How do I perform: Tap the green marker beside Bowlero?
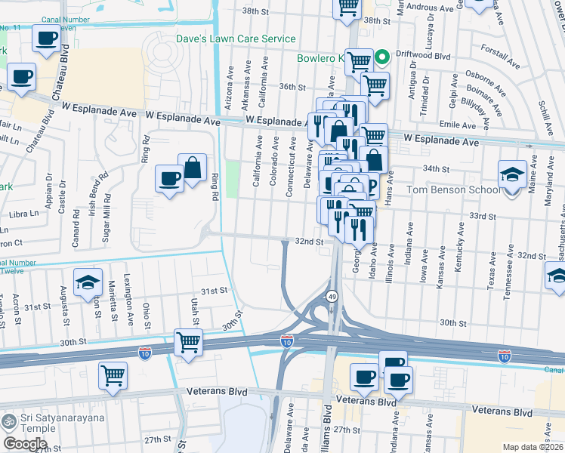click(x=383, y=56)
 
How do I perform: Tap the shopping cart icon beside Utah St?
click(x=189, y=342)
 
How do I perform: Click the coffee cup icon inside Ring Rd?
click(x=169, y=179)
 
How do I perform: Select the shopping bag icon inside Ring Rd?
click(x=193, y=168)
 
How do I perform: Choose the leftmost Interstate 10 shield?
click(x=144, y=352)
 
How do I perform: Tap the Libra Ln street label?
click(x=23, y=214)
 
